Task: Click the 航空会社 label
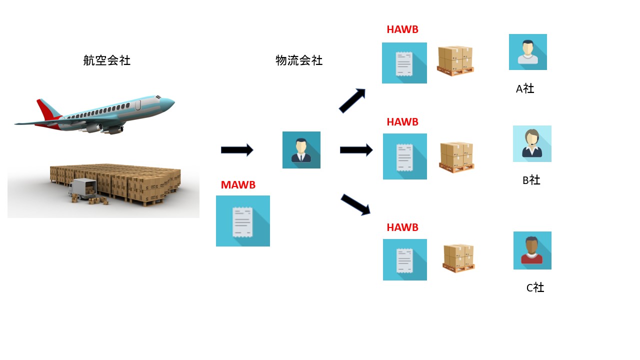[106, 60]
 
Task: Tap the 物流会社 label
[299, 60]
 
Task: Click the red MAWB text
[238, 185]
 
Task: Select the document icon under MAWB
[243, 221]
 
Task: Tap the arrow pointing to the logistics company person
[237, 150]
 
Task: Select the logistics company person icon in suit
[301, 150]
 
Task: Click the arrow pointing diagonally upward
[352, 100]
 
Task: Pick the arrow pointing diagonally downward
[355, 204]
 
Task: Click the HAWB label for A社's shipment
[402, 29]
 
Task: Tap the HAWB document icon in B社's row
[405, 156]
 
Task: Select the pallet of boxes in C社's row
[458, 258]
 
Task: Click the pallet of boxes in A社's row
[455, 61]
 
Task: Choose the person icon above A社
[528, 52]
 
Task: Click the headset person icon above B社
[532, 144]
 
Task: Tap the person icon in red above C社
[532, 250]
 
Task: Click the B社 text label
[531, 180]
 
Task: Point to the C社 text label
[535, 287]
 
